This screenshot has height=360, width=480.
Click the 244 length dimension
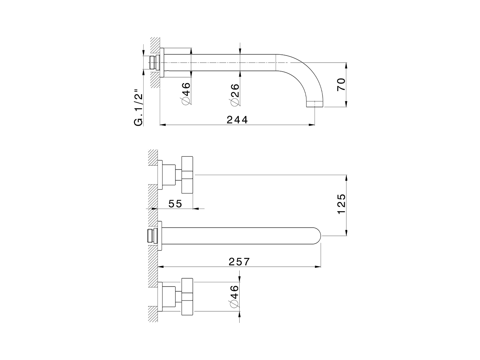237,120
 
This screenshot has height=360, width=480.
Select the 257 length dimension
239,261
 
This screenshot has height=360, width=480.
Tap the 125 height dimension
341,204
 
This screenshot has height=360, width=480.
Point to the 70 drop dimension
341,85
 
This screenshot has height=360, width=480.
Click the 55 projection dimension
175,204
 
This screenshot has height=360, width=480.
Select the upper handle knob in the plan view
187,174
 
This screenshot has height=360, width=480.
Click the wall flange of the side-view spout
162,62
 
